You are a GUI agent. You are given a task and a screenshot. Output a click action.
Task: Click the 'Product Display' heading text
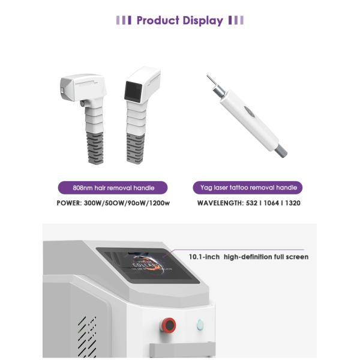point(179,20)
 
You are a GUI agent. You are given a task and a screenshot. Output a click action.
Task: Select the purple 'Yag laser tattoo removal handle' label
point(248,188)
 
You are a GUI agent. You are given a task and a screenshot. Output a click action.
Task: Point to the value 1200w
point(158,203)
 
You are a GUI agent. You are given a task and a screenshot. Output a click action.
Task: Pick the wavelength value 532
point(252,203)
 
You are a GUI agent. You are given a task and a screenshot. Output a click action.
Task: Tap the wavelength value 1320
point(293,203)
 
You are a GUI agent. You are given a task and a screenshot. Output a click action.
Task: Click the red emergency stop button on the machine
point(169,325)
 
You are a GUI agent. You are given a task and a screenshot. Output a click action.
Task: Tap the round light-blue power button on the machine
point(200,325)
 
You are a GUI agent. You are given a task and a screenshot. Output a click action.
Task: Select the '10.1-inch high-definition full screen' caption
point(248,257)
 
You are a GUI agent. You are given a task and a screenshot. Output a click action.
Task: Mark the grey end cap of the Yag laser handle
point(281,149)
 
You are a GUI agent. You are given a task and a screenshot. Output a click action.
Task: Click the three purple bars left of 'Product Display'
point(123,20)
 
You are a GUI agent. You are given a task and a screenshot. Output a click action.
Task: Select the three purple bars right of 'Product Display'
point(236,20)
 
